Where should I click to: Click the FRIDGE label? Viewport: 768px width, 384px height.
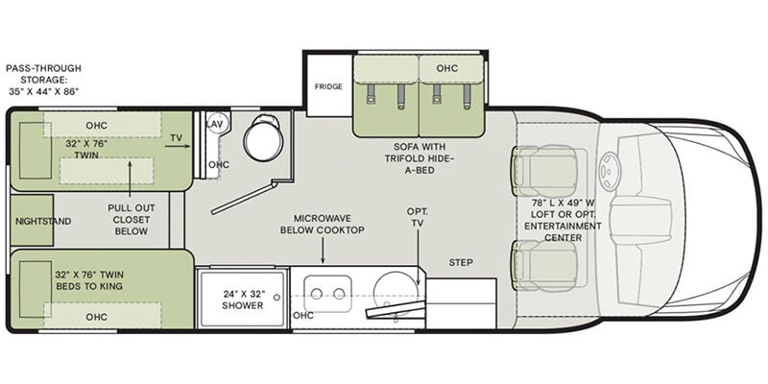328,86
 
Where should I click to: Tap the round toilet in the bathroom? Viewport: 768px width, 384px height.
263,138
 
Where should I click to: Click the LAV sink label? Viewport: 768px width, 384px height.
214,125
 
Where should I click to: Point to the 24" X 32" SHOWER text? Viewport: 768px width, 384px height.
243,300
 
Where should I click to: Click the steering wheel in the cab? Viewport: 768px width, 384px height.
611,172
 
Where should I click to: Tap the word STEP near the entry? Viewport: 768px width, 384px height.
461,262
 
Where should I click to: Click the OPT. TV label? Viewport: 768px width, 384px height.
418,217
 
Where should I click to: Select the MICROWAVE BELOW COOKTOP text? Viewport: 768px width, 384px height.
323,224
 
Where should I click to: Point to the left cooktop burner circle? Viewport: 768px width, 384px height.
317,294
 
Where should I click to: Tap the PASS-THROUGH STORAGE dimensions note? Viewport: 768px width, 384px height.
43,80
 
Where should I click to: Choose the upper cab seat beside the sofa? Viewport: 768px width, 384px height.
544,171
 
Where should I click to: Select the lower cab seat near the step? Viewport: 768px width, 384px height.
544,266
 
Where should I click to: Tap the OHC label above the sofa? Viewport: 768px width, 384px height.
446,68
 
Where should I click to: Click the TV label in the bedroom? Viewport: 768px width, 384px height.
176,137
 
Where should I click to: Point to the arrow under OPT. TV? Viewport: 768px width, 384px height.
419,257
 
